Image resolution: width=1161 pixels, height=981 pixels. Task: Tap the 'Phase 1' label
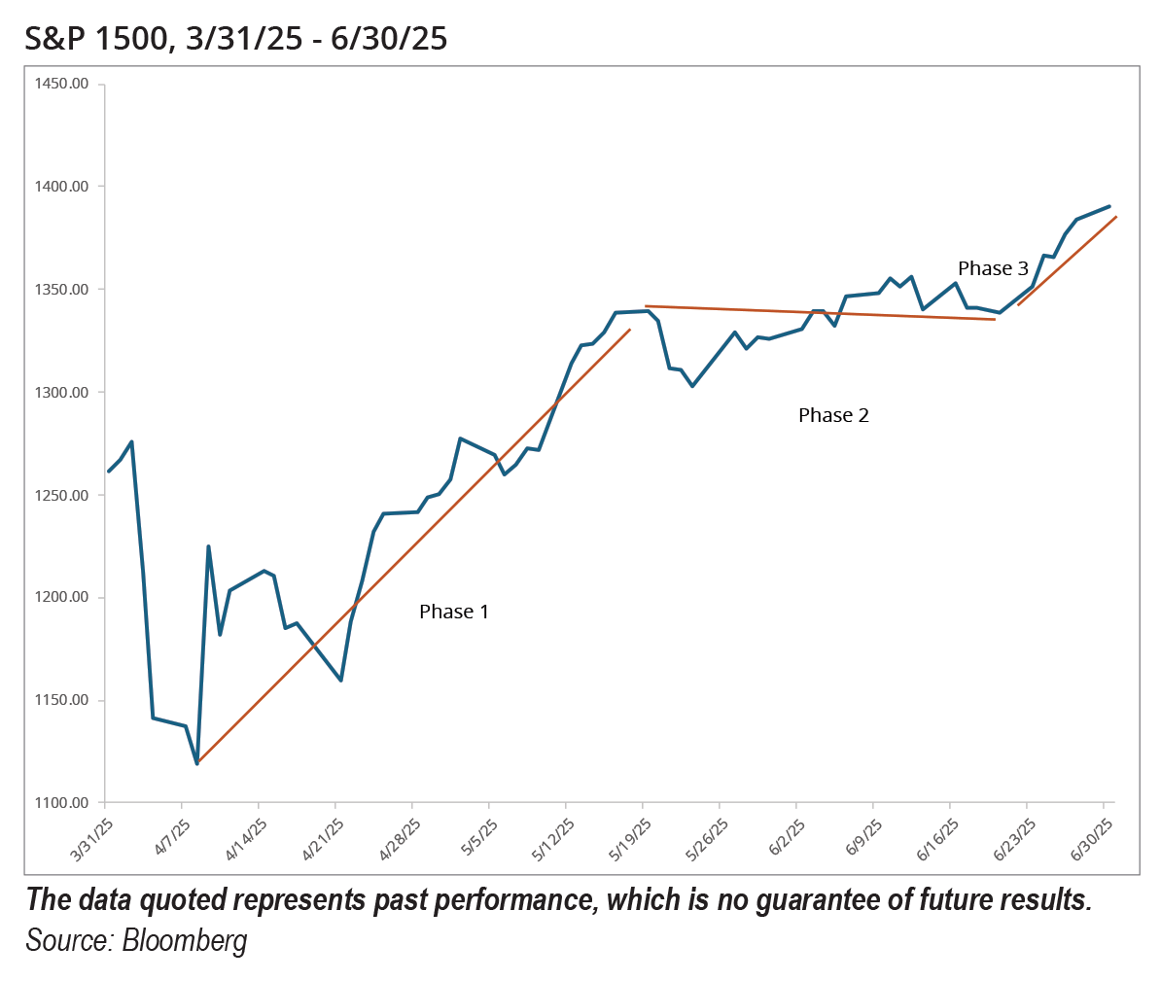tap(454, 612)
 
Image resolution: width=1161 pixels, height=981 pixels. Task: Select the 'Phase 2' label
tap(833, 415)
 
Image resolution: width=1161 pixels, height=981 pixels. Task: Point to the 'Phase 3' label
tap(993, 268)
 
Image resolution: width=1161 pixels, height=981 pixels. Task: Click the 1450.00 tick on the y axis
tap(61, 84)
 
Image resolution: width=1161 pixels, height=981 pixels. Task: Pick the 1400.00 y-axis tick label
tap(61, 187)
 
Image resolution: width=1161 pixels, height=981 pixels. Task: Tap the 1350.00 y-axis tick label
tap(61, 290)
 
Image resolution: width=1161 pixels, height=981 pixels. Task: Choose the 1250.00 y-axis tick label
tap(61, 495)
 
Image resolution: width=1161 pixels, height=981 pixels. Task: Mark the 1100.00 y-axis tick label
tap(61, 803)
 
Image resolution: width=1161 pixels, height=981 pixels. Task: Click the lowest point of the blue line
tap(197, 763)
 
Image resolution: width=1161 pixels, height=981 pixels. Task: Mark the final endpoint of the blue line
tap(1109, 206)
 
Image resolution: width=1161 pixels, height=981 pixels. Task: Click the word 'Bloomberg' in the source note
tap(185, 941)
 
